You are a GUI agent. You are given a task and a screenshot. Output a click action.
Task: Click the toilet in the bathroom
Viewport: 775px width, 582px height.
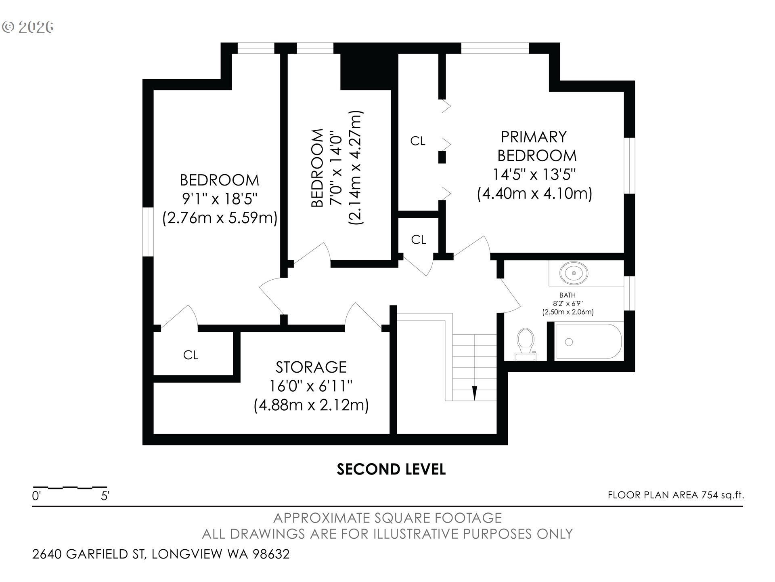click(526, 344)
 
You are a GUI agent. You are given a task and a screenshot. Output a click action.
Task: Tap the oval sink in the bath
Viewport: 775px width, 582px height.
click(574, 273)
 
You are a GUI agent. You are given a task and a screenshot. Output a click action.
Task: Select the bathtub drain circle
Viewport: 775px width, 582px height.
click(569, 342)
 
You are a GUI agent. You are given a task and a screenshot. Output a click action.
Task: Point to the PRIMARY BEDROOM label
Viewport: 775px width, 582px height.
click(536, 146)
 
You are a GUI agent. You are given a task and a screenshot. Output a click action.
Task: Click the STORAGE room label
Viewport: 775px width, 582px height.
click(311, 367)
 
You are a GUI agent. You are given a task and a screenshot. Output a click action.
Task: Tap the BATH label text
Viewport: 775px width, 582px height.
click(568, 295)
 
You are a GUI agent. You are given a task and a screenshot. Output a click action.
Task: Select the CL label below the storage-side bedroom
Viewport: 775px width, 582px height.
click(191, 355)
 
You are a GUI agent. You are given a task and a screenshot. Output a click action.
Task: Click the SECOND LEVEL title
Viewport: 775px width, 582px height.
click(391, 469)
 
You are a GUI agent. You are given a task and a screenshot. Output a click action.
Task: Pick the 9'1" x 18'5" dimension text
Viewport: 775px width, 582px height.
click(220, 199)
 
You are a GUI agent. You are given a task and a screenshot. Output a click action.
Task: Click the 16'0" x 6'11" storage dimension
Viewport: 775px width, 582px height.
click(311, 386)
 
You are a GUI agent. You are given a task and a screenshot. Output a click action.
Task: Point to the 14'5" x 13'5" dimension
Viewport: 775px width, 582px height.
click(534, 175)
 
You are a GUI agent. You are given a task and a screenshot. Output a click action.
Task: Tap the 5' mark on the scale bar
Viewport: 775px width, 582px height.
click(105, 496)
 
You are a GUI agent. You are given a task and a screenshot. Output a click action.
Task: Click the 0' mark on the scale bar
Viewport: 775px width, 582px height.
click(36, 496)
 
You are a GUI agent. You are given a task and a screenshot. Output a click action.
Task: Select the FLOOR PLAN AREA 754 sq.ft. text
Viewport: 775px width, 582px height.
click(676, 495)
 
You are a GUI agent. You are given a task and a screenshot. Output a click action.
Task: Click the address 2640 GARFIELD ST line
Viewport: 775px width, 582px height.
click(161, 554)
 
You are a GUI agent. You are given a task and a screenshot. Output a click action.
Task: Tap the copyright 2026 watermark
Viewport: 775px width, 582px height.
click(28, 27)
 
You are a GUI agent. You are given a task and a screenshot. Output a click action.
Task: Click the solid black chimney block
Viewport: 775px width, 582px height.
click(366, 66)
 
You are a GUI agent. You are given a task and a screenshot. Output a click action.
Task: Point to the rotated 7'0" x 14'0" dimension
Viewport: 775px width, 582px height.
click(337, 168)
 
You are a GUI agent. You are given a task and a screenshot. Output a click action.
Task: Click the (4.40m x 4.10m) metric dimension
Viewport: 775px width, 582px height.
click(534, 194)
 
